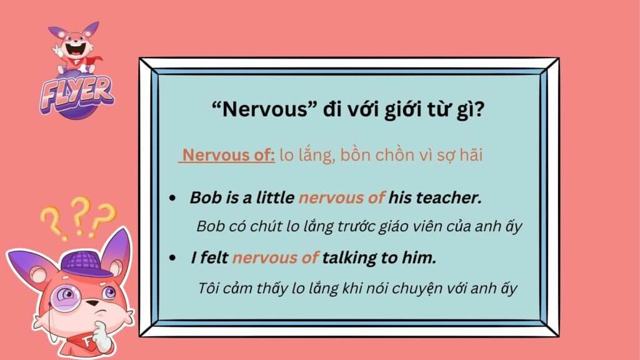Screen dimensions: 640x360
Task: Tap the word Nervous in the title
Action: [x=265, y=109]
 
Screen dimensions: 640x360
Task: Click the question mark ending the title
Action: [x=479, y=109]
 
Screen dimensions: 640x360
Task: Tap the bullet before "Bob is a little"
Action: [x=173, y=198]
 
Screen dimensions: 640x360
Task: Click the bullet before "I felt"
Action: [x=173, y=258]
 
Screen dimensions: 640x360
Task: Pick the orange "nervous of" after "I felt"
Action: [x=275, y=258]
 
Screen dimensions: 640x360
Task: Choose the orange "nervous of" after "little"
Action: [x=342, y=198]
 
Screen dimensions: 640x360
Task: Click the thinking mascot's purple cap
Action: [x=86, y=264]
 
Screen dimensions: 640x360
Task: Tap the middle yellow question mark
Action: [x=80, y=216]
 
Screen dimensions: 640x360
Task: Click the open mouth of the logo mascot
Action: [x=76, y=48]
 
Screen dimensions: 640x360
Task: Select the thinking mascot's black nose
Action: [x=94, y=303]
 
